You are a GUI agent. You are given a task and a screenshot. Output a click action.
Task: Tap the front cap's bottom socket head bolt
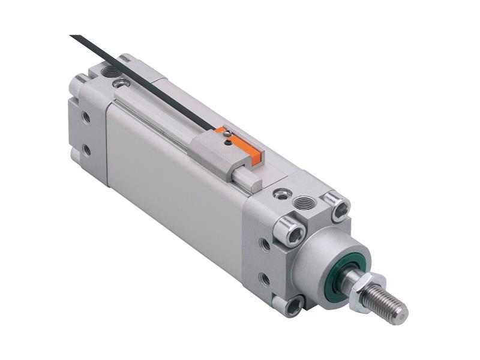(295, 307)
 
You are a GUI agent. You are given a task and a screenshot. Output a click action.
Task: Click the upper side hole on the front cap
(265, 244)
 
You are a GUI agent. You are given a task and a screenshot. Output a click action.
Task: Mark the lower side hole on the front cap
(264, 278)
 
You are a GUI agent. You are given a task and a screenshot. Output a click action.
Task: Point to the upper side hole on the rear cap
(86, 117)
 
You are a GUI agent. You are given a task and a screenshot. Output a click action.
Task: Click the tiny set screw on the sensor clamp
(226, 142)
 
